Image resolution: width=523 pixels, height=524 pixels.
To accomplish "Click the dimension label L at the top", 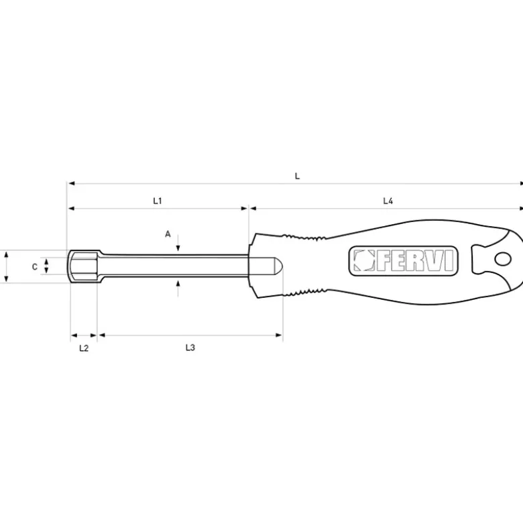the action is (x=297, y=176).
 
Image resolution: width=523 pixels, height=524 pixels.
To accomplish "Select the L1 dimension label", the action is (x=158, y=201).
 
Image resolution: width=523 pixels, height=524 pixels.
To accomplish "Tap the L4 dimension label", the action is (x=388, y=201).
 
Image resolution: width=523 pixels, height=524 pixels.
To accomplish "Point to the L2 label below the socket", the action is (x=84, y=348).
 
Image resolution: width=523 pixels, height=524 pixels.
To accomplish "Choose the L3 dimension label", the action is (x=190, y=348).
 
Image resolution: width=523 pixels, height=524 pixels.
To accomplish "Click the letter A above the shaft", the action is (x=168, y=234).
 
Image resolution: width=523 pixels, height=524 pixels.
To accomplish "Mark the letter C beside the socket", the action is (x=34, y=266).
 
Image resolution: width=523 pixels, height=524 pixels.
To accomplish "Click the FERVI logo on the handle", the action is (x=403, y=261).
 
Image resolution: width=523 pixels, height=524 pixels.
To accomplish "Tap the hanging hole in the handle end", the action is (x=502, y=259).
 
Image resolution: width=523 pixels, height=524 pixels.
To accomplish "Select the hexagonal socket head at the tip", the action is (x=84, y=266).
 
